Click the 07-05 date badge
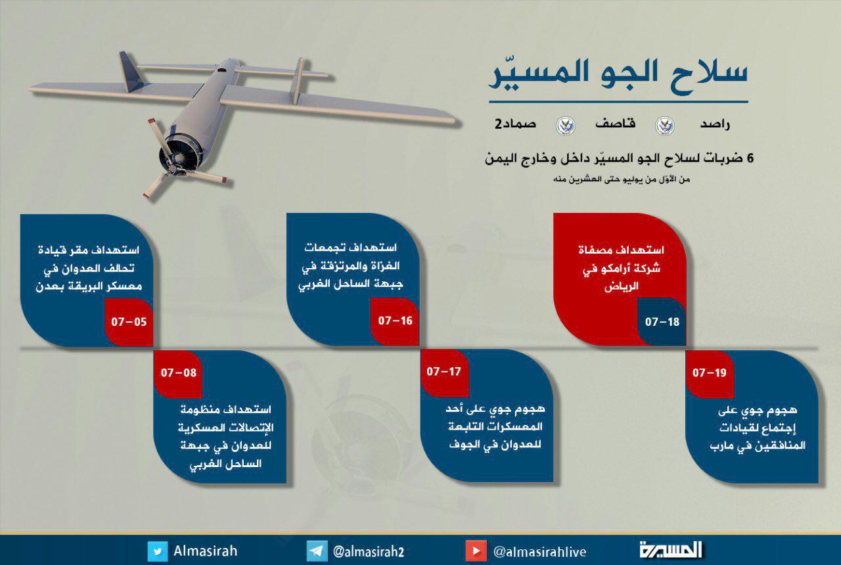coord(129,322)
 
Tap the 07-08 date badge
coord(178,373)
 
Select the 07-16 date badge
coord(395,321)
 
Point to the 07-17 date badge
coord(444,372)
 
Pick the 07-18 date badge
coord(662,322)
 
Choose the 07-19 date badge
coord(710,373)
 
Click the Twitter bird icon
coord(157,551)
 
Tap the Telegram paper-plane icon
coord(317,551)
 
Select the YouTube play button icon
coord(476,551)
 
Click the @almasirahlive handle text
coord(540,552)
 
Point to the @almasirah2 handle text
coord(369,552)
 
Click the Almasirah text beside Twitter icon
coord(206,551)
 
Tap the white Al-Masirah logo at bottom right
coord(671,551)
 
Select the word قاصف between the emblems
coord(615,124)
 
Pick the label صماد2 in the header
coord(515,124)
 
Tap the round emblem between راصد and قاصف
coord(665,125)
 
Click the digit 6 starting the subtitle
coord(750,158)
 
